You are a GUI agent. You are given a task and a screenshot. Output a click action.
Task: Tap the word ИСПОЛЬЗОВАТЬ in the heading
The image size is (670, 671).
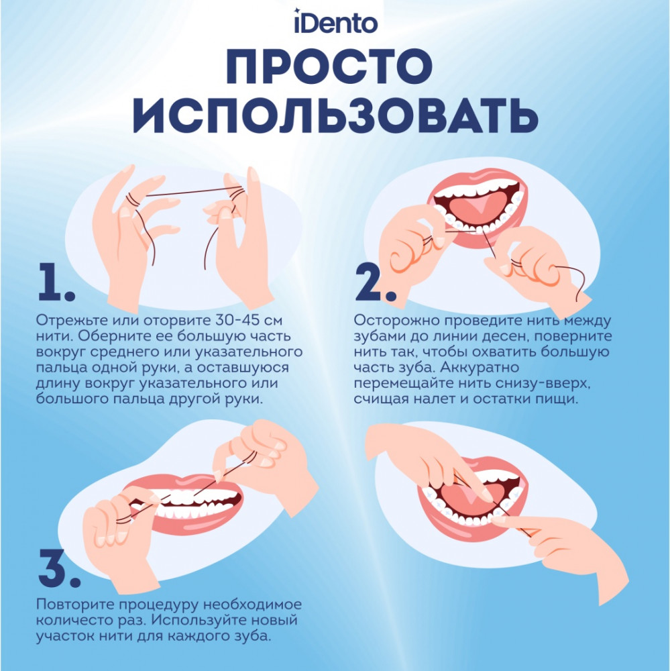(335, 116)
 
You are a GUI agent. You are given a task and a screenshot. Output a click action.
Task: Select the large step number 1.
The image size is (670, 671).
(56, 282)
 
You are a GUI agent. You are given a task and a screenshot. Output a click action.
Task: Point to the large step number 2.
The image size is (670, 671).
(375, 282)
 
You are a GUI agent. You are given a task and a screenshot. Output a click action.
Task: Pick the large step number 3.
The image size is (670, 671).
(59, 568)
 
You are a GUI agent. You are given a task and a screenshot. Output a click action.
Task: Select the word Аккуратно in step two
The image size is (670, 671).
(480, 368)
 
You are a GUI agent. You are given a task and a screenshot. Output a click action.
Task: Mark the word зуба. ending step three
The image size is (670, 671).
(250, 636)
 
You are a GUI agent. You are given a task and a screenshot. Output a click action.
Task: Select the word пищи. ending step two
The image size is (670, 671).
(556, 400)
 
